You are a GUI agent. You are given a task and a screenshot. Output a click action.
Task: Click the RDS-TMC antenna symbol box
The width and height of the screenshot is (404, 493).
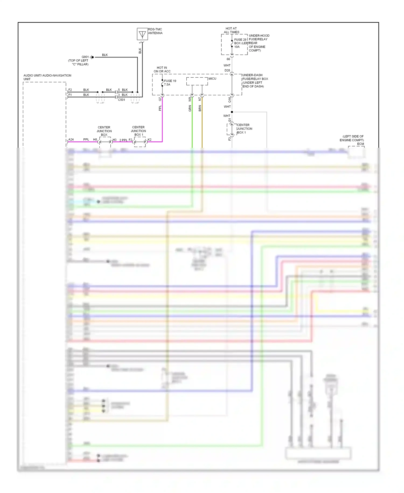[x=142, y=34]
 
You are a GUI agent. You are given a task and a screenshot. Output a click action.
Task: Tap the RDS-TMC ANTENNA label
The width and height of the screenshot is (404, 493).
[x=155, y=31]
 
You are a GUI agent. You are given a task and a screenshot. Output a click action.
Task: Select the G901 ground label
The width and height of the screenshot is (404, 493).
[x=85, y=57]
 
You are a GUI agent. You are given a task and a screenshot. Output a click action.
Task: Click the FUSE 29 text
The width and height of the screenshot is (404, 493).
[x=240, y=40]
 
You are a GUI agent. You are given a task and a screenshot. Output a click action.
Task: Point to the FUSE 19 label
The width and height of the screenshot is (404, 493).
[x=170, y=81]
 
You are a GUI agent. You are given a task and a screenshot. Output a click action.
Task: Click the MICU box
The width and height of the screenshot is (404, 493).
[x=197, y=81]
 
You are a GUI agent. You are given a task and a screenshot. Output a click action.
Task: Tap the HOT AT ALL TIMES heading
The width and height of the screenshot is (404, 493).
[x=231, y=30]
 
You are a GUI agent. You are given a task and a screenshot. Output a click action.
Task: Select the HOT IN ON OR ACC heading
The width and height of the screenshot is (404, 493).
[x=162, y=70]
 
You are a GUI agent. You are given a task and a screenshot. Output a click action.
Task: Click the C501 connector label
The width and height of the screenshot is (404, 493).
[x=121, y=100]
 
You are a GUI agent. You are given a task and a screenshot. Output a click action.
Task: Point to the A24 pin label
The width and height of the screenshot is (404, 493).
[x=71, y=139]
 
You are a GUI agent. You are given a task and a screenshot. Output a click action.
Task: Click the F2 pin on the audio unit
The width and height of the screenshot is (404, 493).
[x=70, y=90]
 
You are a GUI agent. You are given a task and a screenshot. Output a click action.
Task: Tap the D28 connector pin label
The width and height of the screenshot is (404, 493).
[x=227, y=70]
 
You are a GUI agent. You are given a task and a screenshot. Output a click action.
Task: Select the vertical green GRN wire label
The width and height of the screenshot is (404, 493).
[x=190, y=109]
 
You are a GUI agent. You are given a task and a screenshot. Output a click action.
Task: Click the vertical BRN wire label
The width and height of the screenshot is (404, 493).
[x=200, y=108]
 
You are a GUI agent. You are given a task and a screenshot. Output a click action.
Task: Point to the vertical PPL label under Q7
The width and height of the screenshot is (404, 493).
[x=160, y=108]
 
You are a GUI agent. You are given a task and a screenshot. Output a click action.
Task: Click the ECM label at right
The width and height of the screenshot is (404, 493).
[x=360, y=144]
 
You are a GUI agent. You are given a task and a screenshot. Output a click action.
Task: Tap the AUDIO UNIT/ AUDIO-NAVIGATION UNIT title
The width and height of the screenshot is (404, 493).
[x=47, y=77]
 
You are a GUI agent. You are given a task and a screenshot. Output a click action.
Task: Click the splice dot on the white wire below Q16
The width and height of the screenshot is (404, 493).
[x=232, y=112]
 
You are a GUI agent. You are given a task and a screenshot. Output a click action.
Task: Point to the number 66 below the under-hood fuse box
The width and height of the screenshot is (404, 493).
[x=228, y=59]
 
